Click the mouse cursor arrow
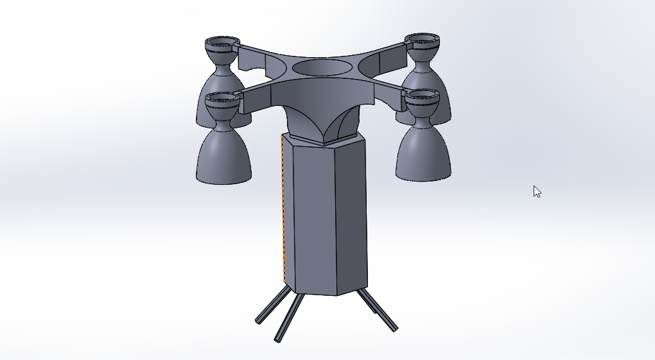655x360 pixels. tap(537, 191)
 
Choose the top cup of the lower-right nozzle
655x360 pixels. tap(423, 98)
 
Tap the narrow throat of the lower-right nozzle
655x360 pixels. tap(423, 117)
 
